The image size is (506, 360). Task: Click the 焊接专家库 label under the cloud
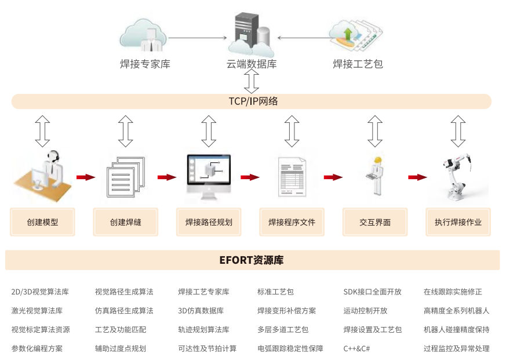[145, 64]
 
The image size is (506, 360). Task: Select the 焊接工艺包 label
[358, 64]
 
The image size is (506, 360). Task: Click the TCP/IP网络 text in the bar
[253, 101]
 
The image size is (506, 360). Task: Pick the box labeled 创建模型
[42, 222]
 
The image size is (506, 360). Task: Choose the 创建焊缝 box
[126, 222]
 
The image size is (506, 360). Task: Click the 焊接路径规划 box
[209, 222]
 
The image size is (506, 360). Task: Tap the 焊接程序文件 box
[292, 222]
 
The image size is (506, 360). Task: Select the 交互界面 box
[375, 222]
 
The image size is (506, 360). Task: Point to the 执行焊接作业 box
[458, 222]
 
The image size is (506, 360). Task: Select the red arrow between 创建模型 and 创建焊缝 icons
[85, 177]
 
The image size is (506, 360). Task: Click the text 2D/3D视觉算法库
[40, 292]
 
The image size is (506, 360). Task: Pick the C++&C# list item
[356, 348]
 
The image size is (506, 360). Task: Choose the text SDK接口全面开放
[372, 292]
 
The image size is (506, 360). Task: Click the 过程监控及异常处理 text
[456, 348]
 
